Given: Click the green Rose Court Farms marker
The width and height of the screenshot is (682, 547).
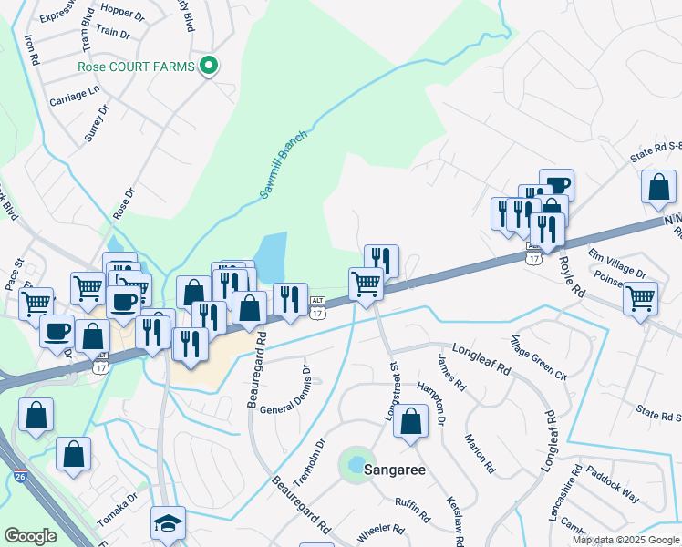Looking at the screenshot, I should click(x=209, y=66).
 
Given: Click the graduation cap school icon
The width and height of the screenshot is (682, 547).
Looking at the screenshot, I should click(x=168, y=523).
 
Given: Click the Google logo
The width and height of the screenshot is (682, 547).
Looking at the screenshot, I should click(x=30, y=536).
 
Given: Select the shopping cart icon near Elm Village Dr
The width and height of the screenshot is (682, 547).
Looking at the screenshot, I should click(x=641, y=297).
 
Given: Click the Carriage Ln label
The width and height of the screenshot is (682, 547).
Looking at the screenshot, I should click(x=74, y=95).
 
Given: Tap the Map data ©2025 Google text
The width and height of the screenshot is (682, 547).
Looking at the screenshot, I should click(x=625, y=540).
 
